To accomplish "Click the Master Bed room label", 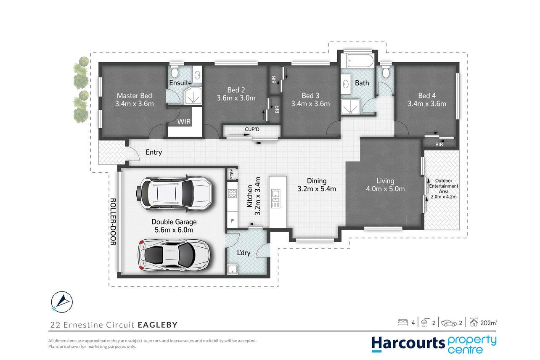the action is [134, 96].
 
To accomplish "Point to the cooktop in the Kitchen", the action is [233, 193].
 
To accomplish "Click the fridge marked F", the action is [233, 220].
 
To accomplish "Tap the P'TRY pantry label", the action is [232, 174].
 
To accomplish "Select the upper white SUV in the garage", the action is [174, 193].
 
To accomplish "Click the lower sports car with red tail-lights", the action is [174, 254].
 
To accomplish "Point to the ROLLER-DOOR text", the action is [113, 222].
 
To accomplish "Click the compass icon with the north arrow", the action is [62, 302].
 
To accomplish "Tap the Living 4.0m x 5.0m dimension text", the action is [385, 189].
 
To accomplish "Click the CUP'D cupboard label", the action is [252, 130].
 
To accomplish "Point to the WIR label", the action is [184, 122].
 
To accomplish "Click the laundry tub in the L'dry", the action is [233, 269].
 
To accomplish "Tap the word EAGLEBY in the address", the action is [158, 325].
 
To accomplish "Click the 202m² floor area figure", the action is [489, 323].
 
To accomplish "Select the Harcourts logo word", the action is [408, 343].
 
